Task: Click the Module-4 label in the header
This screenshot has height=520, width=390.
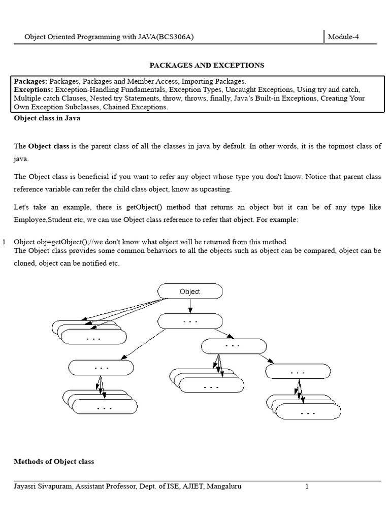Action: point(343,37)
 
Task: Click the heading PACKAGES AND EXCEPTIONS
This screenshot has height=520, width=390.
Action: point(206,66)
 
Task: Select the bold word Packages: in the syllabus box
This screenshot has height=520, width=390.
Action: point(30,81)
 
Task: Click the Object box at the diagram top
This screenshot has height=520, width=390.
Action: point(190,291)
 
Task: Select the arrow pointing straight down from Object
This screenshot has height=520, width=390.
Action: point(190,306)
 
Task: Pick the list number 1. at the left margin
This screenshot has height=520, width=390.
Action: point(6,242)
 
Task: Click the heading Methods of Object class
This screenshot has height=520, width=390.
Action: point(54,462)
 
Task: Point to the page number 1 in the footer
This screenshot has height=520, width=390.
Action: point(307,486)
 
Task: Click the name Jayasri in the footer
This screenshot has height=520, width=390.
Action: point(26,486)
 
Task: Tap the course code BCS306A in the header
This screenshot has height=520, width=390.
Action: point(175,37)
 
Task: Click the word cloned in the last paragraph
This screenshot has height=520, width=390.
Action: point(25,264)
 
